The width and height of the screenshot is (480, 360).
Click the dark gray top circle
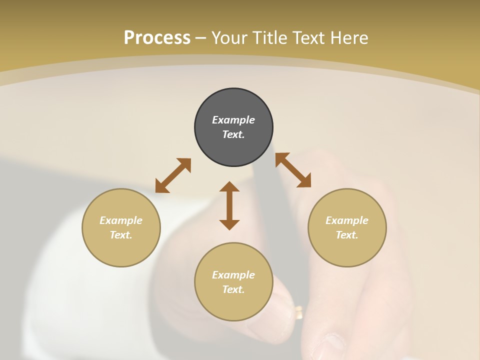(x=233, y=127)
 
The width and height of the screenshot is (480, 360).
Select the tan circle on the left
(x=121, y=227)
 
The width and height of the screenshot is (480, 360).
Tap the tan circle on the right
(x=347, y=227)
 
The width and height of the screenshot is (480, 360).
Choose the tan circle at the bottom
(x=233, y=281)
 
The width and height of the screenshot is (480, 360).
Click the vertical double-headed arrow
(x=229, y=205)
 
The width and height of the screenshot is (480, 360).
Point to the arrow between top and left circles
(x=173, y=175)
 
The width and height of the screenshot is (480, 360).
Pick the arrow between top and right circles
(x=293, y=170)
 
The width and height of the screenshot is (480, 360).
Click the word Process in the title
(x=157, y=38)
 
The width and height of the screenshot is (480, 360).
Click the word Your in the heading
(x=229, y=38)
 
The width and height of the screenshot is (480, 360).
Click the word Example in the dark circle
(x=233, y=120)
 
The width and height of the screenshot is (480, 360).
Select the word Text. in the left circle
(x=121, y=235)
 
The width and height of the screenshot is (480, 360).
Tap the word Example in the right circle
(x=347, y=220)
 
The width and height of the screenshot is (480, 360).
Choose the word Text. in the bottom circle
(x=233, y=289)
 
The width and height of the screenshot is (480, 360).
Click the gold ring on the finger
(x=298, y=312)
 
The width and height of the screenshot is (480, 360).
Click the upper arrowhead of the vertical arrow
(x=229, y=187)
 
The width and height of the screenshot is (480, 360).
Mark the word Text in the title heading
(x=309, y=38)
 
